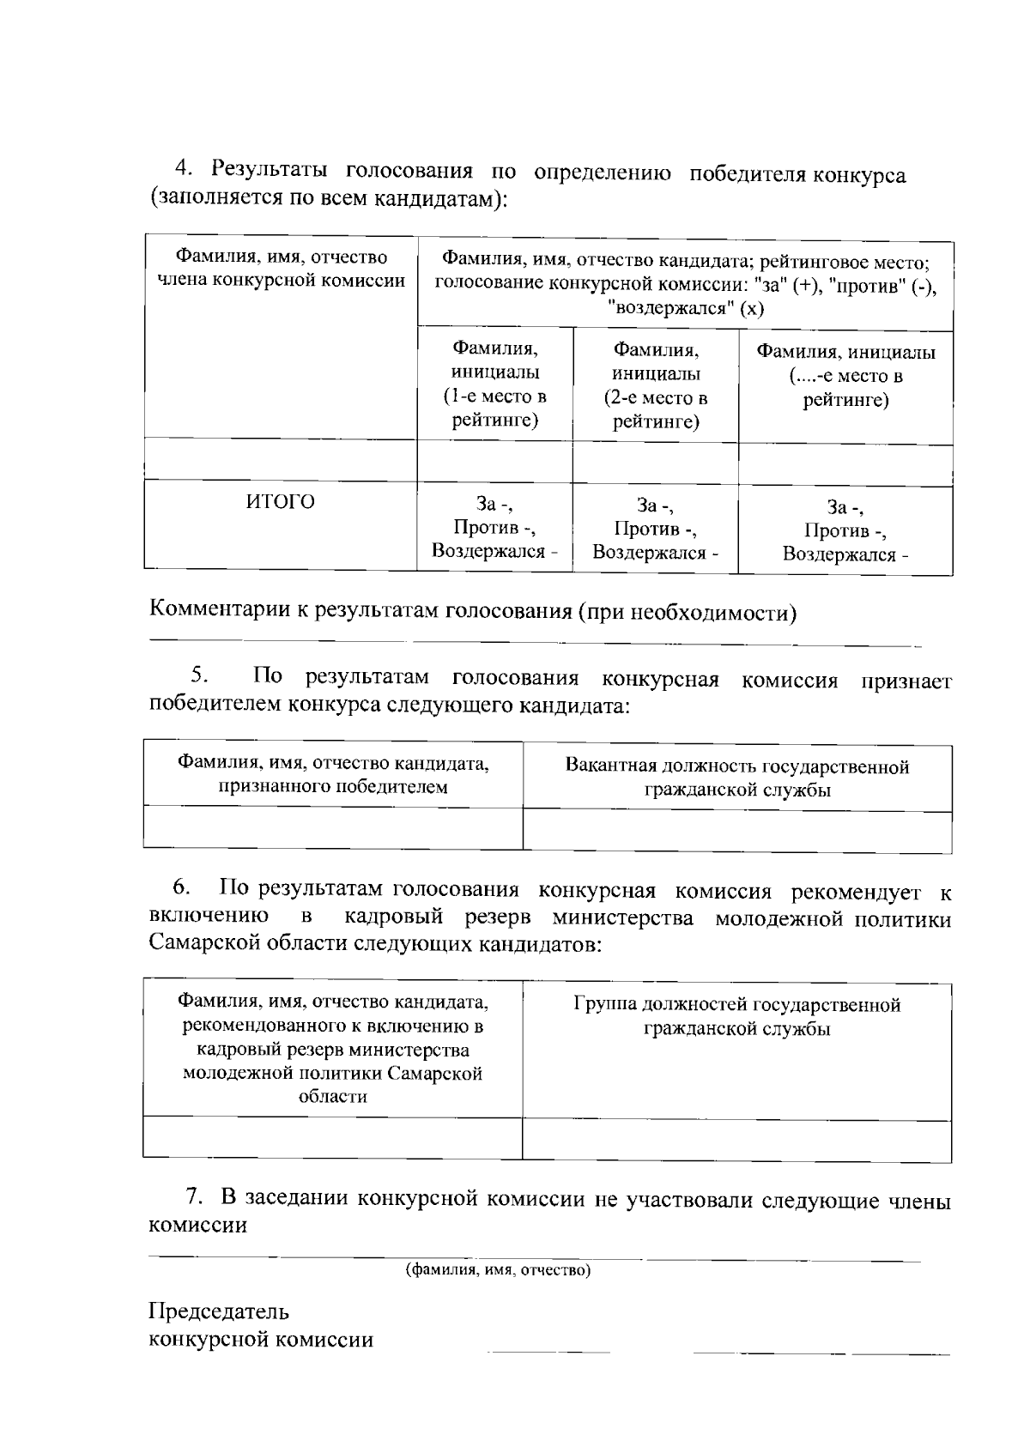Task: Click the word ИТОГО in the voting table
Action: coord(281,502)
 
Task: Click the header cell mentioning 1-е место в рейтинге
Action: coord(495,384)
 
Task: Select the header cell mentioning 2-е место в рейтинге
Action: coord(655,385)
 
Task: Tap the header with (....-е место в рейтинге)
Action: coord(845,376)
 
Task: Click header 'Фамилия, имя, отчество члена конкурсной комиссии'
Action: coord(281,269)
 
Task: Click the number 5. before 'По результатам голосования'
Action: coord(201,676)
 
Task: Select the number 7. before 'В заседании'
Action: coord(197,1196)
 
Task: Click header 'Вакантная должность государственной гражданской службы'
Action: coord(736,778)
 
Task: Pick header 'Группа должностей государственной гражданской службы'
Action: coord(736,1016)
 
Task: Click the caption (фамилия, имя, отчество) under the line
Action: coord(499,1269)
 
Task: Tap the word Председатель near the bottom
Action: coord(219,1311)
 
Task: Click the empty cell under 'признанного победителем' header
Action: coord(332,827)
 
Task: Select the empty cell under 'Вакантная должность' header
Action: coord(736,832)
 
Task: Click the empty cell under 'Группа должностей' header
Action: coord(736,1141)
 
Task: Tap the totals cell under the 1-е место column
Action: coord(495,527)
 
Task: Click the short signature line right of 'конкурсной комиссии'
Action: coord(549,1352)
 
